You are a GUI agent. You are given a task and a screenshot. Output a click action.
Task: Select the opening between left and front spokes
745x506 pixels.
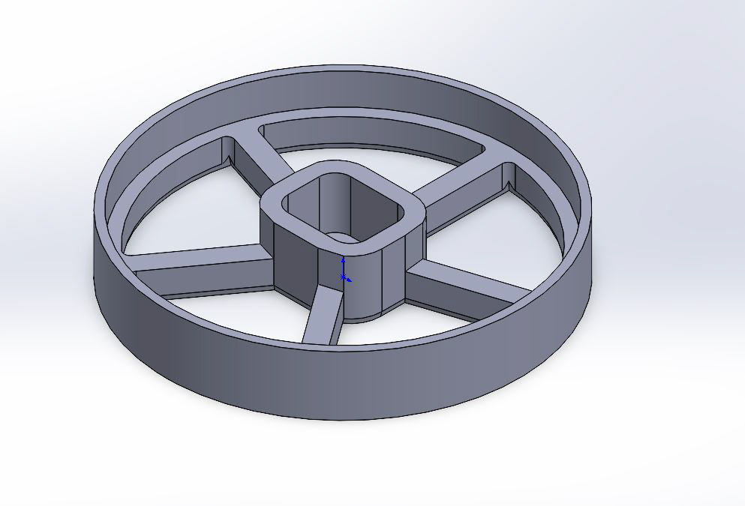coord(240,315)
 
